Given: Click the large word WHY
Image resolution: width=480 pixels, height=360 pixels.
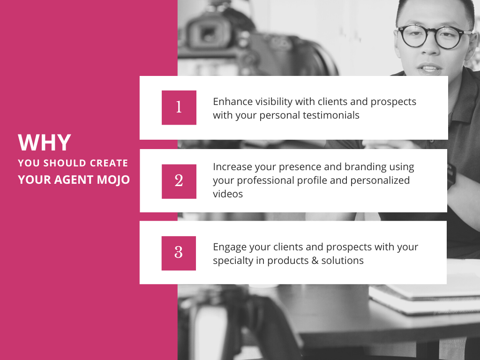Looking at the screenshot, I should tap(45, 142).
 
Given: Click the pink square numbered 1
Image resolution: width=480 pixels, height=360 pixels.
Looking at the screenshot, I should tap(179, 107).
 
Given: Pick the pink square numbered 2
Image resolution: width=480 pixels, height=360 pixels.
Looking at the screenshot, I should tap(179, 181).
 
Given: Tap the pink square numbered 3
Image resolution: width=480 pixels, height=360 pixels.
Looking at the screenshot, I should tap(179, 253).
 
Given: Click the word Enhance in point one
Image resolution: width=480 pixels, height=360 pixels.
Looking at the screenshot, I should tap(232, 102).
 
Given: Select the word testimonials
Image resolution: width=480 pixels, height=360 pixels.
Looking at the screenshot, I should tap(330, 115).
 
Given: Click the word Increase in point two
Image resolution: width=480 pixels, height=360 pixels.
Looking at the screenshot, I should tap(232, 167).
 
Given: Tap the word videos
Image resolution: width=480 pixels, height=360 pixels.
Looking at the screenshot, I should tap(228, 194).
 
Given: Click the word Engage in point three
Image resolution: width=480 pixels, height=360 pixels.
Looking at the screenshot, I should tap(229, 247).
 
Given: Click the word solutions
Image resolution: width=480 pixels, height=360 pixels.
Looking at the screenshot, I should tap(342, 261).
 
